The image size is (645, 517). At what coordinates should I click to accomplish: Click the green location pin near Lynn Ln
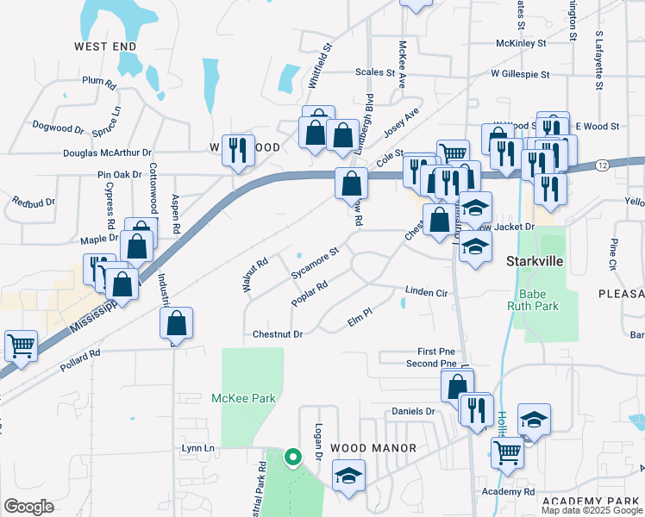pyautogui.click(x=293, y=458)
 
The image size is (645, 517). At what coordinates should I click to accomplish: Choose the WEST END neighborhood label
pyautogui.click(x=105, y=45)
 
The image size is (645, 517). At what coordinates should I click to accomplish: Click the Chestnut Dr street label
pyautogui.click(x=279, y=334)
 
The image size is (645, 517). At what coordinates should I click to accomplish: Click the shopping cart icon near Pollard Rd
pyautogui.click(x=21, y=346)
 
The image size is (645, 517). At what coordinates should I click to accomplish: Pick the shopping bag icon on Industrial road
pyautogui.click(x=176, y=324)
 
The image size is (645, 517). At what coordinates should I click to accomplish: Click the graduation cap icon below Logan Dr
pyautogui.click(x=348, y=477)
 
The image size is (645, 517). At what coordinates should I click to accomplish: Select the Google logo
pyautogui.click(x=28, y=507)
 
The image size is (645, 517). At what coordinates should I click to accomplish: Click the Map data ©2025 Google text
pyautogui.click(x=592, y=510)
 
